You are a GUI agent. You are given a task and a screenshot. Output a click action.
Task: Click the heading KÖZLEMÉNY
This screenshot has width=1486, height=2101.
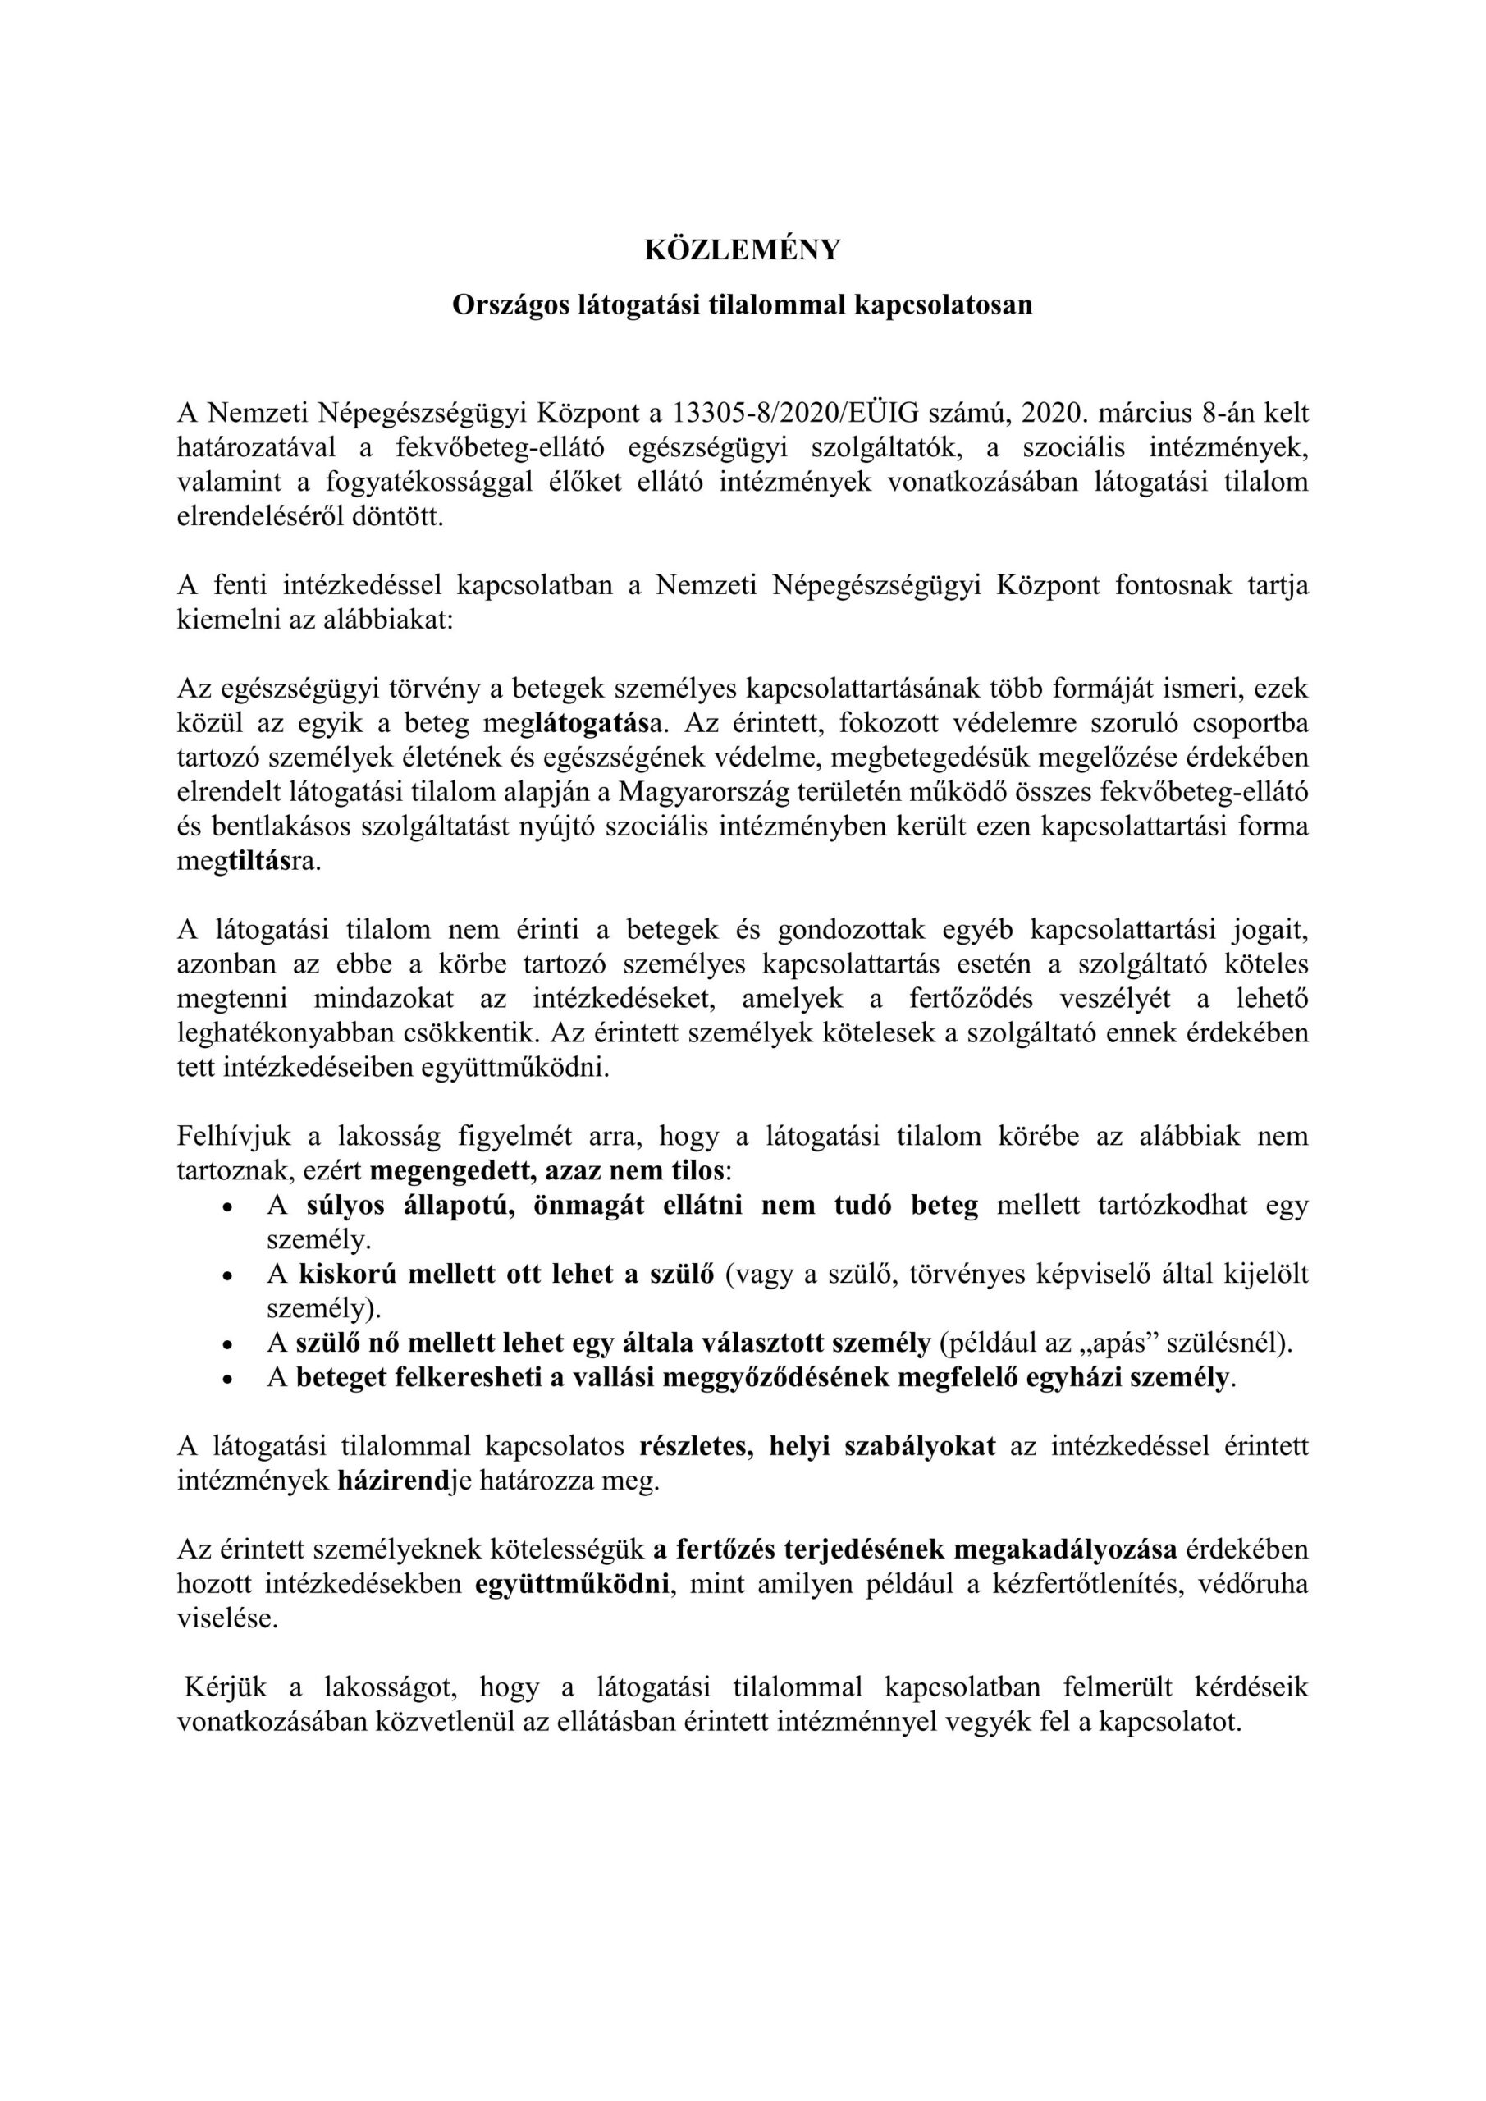coord(742,249)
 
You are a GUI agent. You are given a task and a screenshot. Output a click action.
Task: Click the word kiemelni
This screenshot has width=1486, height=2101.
coord(217,620)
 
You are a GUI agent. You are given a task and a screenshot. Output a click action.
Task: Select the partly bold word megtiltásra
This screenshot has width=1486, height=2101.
coord(249,861)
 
